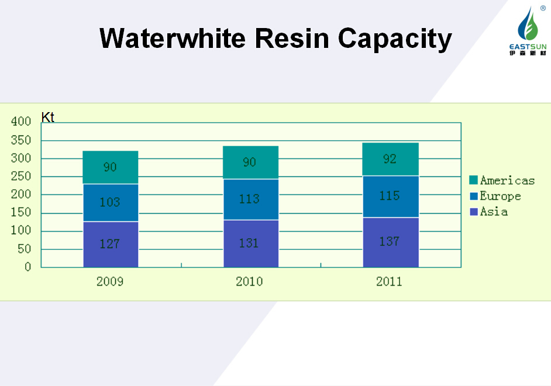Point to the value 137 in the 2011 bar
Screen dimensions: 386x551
(x=390, y=241)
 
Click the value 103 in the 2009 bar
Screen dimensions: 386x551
(x=109, y=202)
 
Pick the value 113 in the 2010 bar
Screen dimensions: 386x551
(x=249, y=199)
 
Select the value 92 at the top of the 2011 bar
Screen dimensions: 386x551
(x=390, y=158)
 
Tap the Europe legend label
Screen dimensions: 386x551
(x=500, y=196)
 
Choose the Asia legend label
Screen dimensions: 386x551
(x=494, y=211)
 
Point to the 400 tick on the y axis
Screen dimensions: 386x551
(x=21, y=121)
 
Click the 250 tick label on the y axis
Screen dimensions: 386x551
(x=21, y=176)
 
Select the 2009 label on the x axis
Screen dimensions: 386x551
(x=110, y=281)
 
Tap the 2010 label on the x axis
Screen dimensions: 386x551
(x=249, y=281)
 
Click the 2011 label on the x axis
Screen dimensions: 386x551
(x=389, y=281)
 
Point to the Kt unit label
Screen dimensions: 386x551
(x=47, y=117)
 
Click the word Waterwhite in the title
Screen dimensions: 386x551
(x=173, y=39)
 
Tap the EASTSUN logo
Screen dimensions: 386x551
(x=527, y=32)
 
